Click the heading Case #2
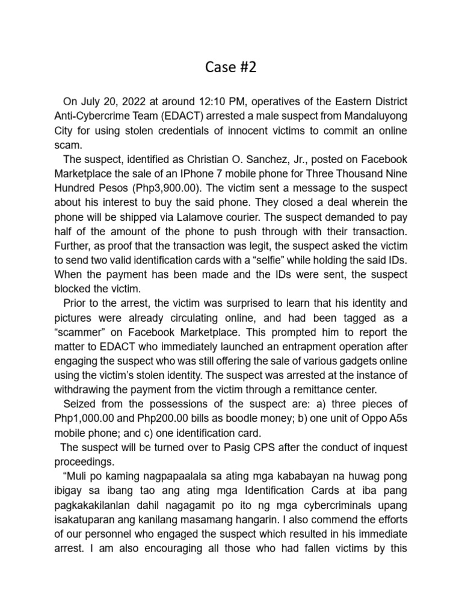pyautogui.click(x=230, y=67)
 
